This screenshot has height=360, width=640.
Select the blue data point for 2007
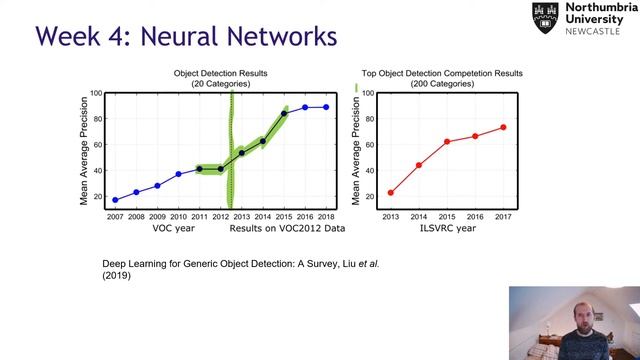click(x=115, y=200)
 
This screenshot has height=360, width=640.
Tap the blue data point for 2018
click(x=326, y=107)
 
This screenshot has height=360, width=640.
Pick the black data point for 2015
click(x=284, y=113)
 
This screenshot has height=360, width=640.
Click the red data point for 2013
click(x=390, y=192)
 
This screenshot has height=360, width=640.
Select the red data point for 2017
click(x=503, y=127)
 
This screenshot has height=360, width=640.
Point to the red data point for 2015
click(x=447, y=141)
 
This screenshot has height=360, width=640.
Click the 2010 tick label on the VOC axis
click(x=178, y=216)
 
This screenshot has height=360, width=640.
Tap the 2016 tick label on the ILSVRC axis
click(x=475, y=216)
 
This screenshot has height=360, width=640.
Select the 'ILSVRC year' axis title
click(x=447, y=228)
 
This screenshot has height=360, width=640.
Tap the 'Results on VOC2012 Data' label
click(x=287, y=228)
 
